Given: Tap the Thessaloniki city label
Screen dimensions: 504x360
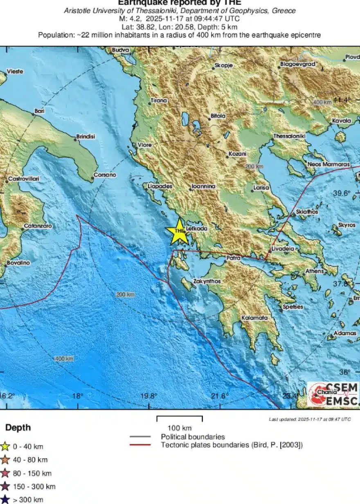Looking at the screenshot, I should pyautogui.click(x=289, y=136).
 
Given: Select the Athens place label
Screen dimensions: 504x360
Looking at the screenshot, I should pyautogui.click(x=314, y=271).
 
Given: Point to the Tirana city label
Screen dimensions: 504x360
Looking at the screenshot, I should pyautogui.click(x=159, y=100).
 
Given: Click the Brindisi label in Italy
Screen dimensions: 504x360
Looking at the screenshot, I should pyautogui.click(x=85, y=137).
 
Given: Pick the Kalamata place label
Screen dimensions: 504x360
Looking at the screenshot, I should pyautogui.click(x=254, y=318).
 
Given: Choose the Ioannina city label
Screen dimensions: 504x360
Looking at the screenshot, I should pyautogui.click(x=203, y=186).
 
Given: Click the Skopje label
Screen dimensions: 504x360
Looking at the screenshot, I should pyautogui.click(x=224, y=65).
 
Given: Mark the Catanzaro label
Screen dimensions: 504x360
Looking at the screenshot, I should pyautogui.click(x=38, y=226).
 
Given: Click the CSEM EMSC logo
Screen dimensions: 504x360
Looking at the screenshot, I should pyautogui.click(x=333, y=394).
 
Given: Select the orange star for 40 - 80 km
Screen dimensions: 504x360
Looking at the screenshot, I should pyautogui.click(x=5, y=460).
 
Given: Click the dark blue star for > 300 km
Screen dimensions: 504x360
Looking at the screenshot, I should pyautogui.click(x=5, y=499).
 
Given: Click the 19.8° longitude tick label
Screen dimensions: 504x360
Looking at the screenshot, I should pyautogui.click(x=148, y=396).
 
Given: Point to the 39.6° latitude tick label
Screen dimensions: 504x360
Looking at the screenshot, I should pyautogui.click(x=342, y=193).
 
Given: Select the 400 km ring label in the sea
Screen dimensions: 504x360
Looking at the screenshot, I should pyautogui.click(x=64, y=358).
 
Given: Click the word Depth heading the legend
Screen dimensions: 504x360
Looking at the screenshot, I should pyautogui.click(x=18, y=428).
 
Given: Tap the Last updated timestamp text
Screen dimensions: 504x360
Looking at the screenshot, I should pyautogui.click(x=310, y=419).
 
